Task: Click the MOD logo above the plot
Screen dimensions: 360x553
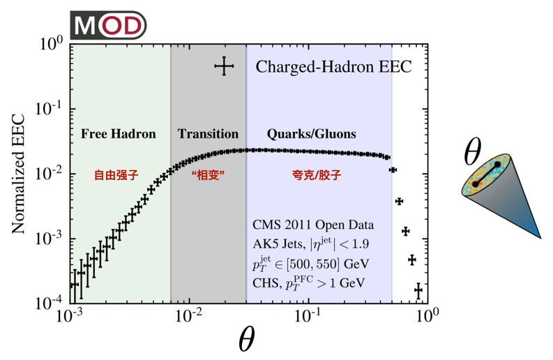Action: point(108,25)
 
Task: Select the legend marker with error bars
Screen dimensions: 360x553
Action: point(224,67)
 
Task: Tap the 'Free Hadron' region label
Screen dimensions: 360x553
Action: point(118,133)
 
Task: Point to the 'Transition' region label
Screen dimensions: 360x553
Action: point(208,133)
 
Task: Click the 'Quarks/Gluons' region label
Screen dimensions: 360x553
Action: point(311,133)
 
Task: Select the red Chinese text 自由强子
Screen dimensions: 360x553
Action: point(117,177)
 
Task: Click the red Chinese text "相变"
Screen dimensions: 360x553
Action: point(209,177)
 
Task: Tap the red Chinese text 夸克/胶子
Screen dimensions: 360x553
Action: point(312,177)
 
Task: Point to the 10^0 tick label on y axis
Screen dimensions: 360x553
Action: point(52,45)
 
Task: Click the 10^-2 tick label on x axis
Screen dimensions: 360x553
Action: point(188,316)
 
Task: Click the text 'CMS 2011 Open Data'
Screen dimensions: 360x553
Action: point(313,225)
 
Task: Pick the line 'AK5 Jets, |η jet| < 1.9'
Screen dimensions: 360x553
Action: point(313,244)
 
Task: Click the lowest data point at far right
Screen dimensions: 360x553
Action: point(418,290)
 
